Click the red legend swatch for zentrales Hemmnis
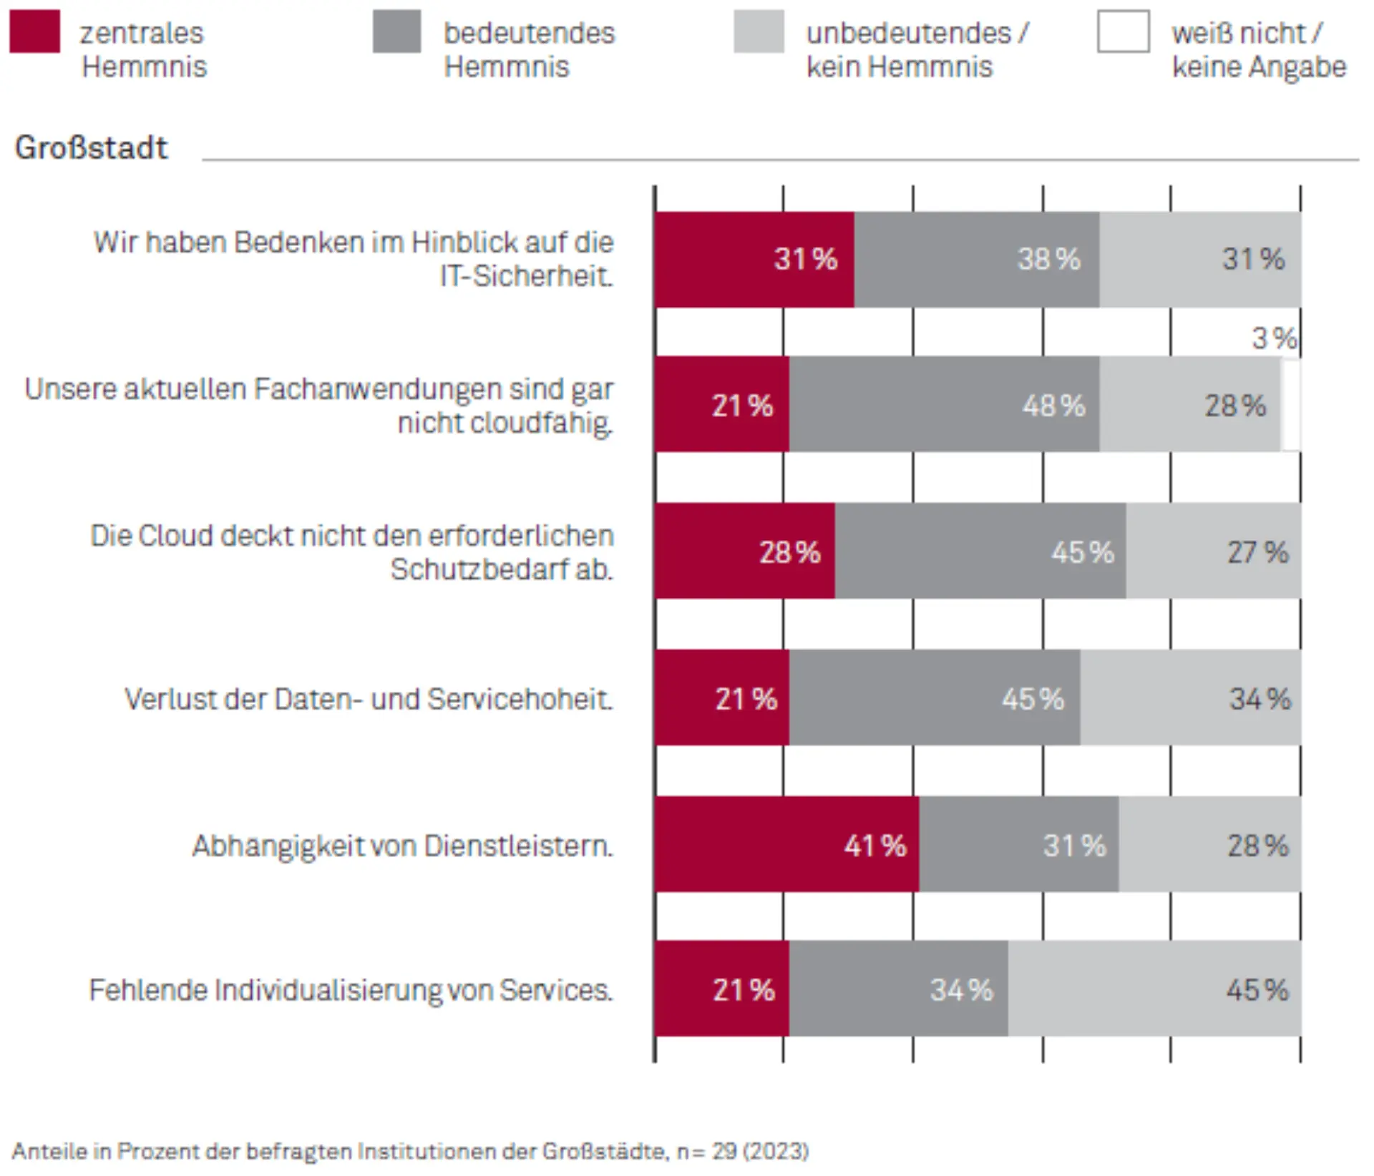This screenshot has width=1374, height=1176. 34,31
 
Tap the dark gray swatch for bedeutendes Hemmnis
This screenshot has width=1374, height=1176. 396,31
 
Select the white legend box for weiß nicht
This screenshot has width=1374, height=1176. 1123,31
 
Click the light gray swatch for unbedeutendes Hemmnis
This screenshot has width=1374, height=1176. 759,31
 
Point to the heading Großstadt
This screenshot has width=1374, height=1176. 91,148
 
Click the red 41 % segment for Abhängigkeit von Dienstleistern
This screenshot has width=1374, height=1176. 786,844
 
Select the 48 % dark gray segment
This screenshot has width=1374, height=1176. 944,404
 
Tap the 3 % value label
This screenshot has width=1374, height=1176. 1274,338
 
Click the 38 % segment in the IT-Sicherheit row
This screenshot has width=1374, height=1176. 976,259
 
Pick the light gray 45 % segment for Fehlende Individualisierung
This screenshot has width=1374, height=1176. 1154,989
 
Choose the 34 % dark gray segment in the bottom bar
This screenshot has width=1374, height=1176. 899,989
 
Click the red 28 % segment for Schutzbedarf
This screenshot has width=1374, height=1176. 744,551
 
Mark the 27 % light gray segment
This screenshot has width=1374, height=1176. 1213,551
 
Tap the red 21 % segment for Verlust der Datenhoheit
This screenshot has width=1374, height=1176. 721,697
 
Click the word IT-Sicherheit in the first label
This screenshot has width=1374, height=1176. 526,276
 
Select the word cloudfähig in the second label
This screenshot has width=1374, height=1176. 505,423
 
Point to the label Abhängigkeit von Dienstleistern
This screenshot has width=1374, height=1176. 402,846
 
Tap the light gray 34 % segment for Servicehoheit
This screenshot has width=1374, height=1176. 1190,697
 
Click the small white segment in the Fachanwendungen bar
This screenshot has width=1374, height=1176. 1291,406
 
